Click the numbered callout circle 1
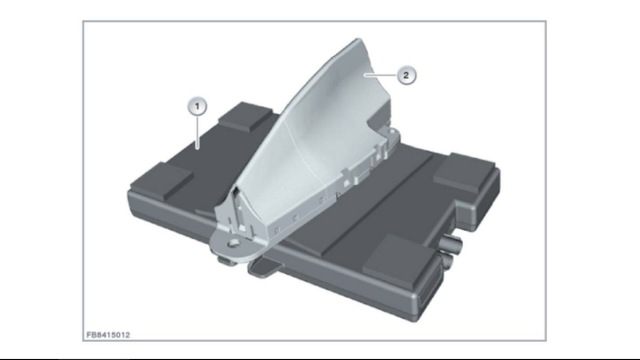pos(197,107)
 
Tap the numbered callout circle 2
pos(406,75)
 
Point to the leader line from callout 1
pos(197,132)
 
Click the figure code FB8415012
pos(108,335)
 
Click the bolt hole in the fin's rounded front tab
pos(233,244)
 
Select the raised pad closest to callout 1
pos(245,116)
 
